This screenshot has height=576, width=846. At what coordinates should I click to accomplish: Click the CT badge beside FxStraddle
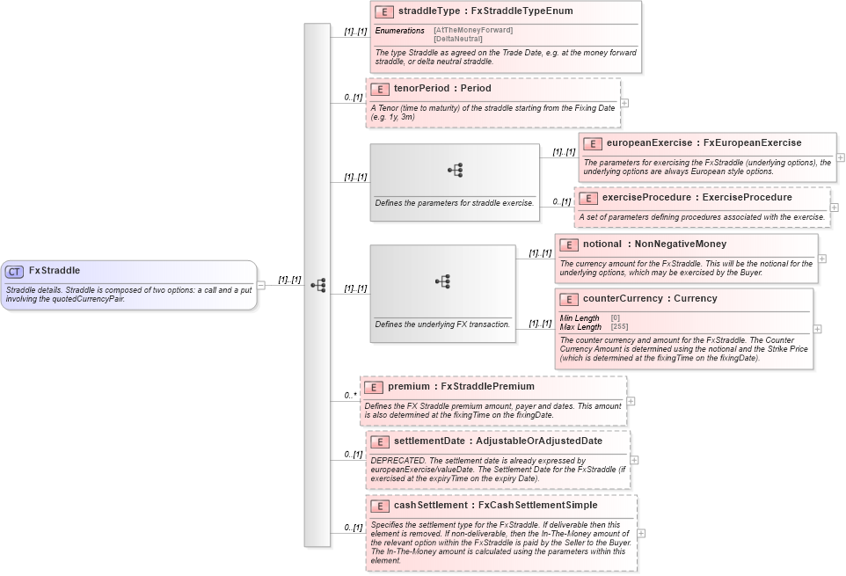pos(14,272)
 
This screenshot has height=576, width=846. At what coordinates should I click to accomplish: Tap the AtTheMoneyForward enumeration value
pos(473,31)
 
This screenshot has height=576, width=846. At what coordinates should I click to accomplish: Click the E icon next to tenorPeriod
pos(379,89)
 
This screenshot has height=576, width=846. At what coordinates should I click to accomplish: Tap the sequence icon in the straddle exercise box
pos(455,171)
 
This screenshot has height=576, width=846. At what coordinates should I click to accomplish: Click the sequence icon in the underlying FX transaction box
pos(442,281)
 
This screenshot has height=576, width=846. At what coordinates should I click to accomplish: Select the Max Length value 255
pos(619,327)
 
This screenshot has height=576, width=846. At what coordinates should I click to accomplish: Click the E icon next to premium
pos(374,387)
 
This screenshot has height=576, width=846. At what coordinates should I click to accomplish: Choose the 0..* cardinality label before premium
pos(350,396)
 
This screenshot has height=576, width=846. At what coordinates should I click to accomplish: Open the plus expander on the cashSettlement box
pos(641,533)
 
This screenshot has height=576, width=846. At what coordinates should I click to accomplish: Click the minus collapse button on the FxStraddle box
pos(261,285)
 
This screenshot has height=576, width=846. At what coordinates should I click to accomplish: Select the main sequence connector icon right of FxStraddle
pos(317,285)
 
